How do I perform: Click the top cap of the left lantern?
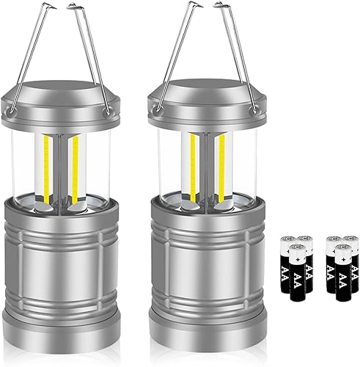[x=62, y=95]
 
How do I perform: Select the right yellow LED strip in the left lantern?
[x=73, y=161]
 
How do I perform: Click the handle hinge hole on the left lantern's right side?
[x=109, y=110]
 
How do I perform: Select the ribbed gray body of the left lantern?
[x=62, y=272]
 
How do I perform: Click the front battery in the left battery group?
[x=297, y=272]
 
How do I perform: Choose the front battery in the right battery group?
[x=339, y=272]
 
